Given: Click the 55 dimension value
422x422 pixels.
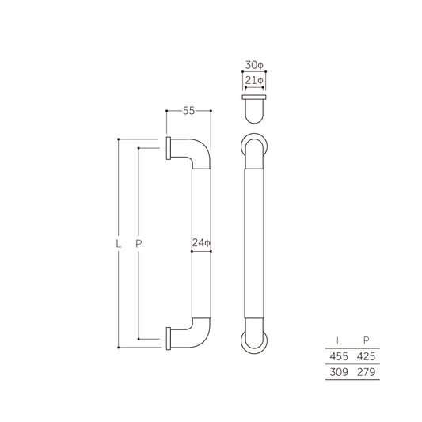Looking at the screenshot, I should pos(188,111).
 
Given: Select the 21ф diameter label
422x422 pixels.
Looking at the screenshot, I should pos(253,80).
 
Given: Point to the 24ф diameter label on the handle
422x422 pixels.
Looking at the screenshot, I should pos(201,244).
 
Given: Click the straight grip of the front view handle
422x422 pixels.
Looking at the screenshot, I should pos(253,244).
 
